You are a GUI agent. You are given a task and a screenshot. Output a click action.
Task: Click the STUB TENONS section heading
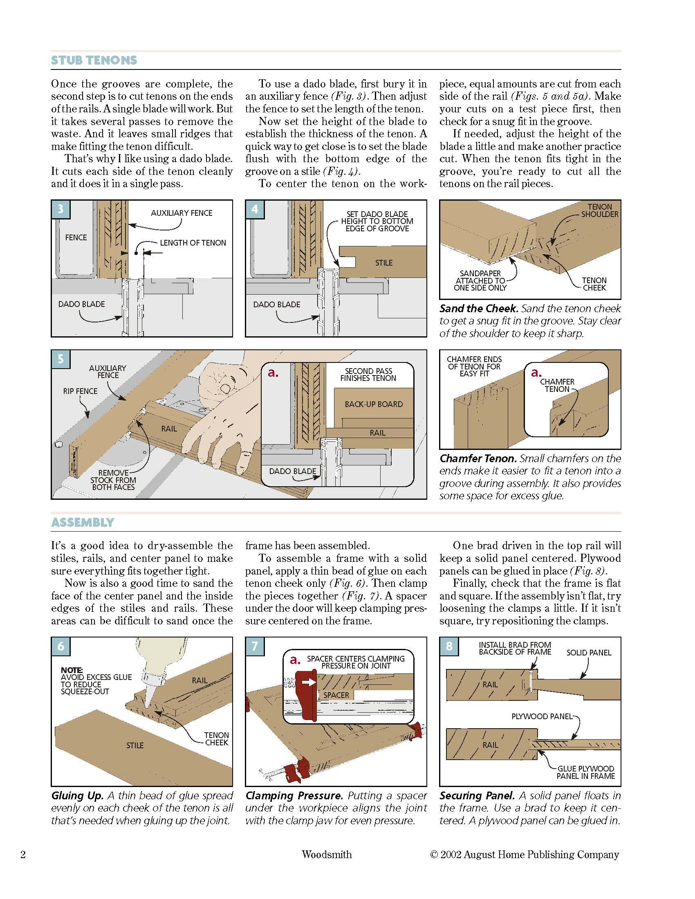[94, 60]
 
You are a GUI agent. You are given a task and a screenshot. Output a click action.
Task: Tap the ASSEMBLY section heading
[82, 522]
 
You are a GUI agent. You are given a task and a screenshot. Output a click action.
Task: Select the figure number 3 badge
[61, 209]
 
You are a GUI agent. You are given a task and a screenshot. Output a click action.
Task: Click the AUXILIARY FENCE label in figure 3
[181, 213]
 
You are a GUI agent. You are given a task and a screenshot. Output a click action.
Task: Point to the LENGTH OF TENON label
[193, 243]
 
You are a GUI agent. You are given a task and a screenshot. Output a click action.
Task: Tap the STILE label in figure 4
[384, 263]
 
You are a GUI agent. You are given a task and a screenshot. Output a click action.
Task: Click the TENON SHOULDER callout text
[599, 210]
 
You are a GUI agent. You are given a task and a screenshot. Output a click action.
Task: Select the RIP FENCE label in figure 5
[80, 391]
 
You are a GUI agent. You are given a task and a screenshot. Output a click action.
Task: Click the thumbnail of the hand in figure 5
[225, 388]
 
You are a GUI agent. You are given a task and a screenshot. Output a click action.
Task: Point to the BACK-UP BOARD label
[374, 404]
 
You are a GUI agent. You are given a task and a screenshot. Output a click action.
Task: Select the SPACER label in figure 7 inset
[336, 695]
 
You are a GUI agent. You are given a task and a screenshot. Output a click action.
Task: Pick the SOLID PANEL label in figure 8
[589, 653]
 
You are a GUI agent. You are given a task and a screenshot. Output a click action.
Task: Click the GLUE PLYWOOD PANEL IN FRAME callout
[585, 772]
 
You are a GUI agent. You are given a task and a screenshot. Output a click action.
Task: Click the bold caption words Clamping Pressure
[294, 796]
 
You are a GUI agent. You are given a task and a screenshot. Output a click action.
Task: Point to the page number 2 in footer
[23, 855]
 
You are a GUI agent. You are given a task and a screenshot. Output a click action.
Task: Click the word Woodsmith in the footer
[327, 854]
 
